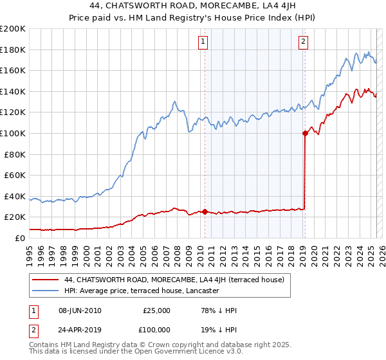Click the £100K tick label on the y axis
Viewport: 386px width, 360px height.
(x=13, y=133)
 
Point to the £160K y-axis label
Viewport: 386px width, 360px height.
(x=13, y=70)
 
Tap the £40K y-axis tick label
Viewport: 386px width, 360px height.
(x=15, y=196)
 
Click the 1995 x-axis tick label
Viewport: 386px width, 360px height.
(x=30, y=250)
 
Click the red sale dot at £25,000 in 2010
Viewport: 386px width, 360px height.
(x=205, y=212)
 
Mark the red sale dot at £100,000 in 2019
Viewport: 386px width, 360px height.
(x=305, y=133)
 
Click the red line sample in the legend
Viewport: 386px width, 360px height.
(x=45, y=280)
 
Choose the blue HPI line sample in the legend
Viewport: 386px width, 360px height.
(x=45, y=291)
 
